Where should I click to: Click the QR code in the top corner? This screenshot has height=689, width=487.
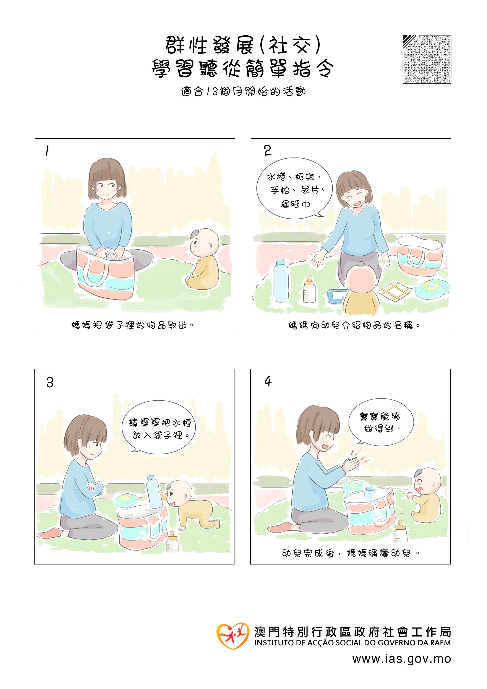pyautogui.click(x=427, y=60)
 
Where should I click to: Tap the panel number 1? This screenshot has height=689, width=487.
pyautogui.click(x=47, y=151)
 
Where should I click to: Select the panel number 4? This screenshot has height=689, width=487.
pyautogui.click(x=268, y=381)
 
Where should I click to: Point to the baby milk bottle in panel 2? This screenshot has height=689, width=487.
pyautogui.click(x=309, y=290)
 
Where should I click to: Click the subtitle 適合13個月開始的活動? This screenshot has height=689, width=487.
pyautogui.click(x=243, y=91)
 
